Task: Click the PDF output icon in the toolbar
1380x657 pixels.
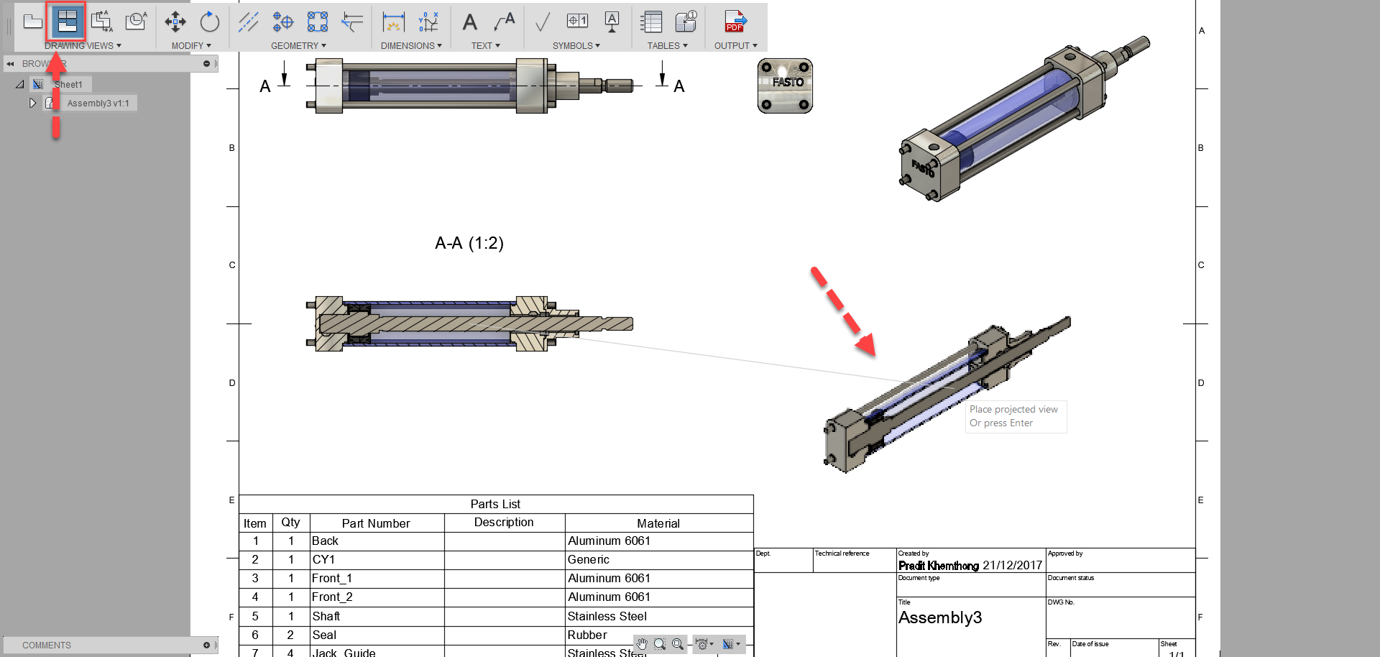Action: coord(735,22)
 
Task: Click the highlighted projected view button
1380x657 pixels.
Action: coord(67,22)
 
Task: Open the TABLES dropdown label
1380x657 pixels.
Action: coord(667,46)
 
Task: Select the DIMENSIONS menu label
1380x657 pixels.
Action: coord(411,46)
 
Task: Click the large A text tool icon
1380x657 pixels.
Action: coord(469,22)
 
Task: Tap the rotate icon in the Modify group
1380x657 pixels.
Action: coord(209,22)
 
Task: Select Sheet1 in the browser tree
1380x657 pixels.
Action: coord(68,85)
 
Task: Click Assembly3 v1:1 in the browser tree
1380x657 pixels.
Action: coord(98,104)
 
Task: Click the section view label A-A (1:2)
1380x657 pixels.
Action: coord(469,244)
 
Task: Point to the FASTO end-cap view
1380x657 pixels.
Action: coord(785,86)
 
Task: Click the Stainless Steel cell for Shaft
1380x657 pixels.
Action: coord(607,617)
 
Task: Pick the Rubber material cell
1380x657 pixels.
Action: coord(587,635)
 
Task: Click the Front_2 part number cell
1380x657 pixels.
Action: coord(332,597)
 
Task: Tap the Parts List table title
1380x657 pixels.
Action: coord(495,505)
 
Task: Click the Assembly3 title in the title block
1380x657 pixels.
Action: coord(939,618)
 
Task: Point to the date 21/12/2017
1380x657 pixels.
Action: coord(1012,566)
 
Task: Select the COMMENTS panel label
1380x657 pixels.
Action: coord(47,645)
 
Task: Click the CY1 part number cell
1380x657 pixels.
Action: coord(323,560)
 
